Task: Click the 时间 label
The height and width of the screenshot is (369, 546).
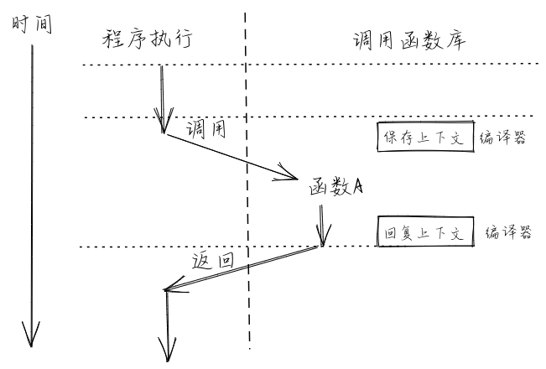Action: pos(31,23)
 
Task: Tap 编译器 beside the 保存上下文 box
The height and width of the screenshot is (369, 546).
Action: pos(502,138)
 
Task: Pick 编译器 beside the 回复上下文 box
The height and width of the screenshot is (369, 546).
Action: pos(509,233)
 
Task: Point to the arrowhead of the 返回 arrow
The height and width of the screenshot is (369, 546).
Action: pos(168,291)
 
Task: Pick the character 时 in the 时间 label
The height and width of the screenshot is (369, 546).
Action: pos(21,23)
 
